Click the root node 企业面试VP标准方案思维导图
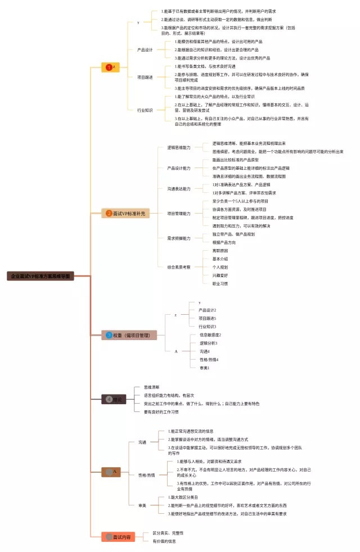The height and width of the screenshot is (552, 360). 41,276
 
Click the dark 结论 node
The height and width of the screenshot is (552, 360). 114,399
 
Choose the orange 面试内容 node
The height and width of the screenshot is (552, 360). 118,537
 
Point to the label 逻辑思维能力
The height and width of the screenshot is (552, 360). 179,147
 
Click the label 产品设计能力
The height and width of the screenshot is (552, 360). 179,168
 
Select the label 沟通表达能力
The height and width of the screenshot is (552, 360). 179,188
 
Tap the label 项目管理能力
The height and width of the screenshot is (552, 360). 179,214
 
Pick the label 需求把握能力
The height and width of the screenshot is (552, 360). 179,238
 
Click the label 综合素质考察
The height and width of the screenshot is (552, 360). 179,267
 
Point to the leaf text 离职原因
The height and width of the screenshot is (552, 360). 220,250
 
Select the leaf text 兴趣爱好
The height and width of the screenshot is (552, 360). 220,275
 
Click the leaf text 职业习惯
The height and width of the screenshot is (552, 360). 220,284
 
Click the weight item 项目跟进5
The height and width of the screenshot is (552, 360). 207,318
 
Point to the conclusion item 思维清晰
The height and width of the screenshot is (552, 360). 151,387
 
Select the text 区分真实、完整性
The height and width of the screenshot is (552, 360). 168,533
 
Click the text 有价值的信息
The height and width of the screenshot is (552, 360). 164,541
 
